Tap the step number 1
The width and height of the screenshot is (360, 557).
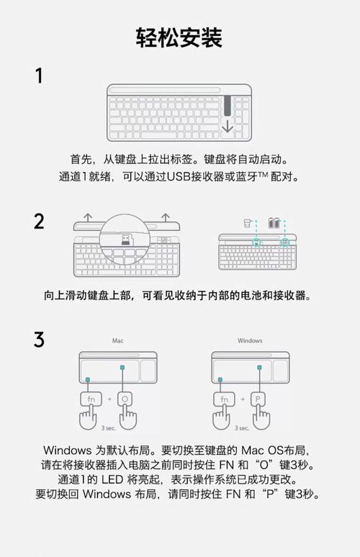[x=40, y=76]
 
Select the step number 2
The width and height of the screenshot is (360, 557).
[x=40, y=221]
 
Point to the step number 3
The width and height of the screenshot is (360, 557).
[x=40, y=339]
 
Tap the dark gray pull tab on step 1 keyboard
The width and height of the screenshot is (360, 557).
[x=228, y=106]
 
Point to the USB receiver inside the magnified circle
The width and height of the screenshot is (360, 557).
[x=125, y=239]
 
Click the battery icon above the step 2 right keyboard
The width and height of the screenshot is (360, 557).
[x=274, y=223]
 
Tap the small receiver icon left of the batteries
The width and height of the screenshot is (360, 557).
[x=246, y=222]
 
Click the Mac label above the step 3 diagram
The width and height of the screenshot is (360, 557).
[x=118, y=340]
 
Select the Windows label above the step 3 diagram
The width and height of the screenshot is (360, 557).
[x=250, y=340]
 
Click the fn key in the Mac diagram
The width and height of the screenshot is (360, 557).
[x=90, y=399]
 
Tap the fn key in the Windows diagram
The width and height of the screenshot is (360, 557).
[x=224, y=399]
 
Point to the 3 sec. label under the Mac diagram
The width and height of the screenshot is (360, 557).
[x=108, y=427]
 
